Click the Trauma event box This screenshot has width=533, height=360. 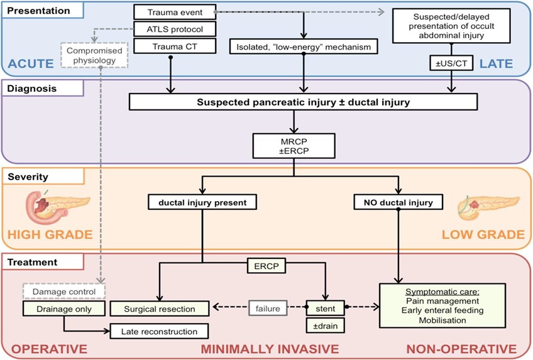point(175,12)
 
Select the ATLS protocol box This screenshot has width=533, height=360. point(175,29)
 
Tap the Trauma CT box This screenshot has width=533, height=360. point(175,46)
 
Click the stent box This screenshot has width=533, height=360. point(325,308)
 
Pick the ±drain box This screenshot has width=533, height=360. point(325,325)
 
